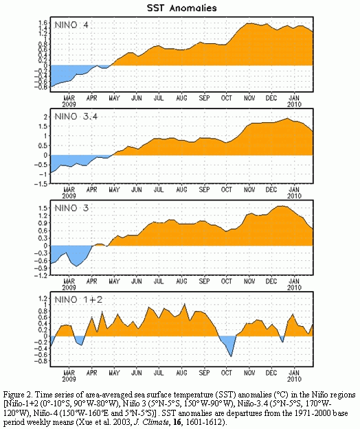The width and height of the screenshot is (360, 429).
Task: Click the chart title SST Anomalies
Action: pos(182,8)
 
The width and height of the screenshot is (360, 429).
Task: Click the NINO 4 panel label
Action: pos(71,25)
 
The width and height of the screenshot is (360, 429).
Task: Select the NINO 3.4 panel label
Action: pos(76,117)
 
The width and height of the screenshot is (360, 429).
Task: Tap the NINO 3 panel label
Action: pos(71,208)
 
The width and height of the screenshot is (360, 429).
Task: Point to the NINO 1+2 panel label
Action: pos(78,299)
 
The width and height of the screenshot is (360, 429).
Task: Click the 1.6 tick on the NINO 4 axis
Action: pos(43,23)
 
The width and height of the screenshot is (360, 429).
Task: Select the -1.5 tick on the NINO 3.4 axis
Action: pos(41,184)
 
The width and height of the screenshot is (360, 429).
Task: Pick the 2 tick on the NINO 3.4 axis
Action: pos(46,117)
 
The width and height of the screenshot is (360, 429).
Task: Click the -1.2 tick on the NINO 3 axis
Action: pos(41,275)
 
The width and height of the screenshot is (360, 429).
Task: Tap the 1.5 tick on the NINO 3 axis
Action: pos(43,208)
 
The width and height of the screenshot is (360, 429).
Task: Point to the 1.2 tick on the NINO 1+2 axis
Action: pos(43,298)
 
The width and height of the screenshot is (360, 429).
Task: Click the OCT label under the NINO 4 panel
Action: pos(227,98)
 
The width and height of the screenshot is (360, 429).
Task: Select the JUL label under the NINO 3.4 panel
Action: pos(159,189)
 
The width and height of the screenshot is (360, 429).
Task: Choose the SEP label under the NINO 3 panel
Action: pos(204,281)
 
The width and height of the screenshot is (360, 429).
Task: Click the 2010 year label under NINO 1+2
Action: pos(294,379)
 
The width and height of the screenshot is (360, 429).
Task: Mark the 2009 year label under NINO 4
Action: pos(69,104)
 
